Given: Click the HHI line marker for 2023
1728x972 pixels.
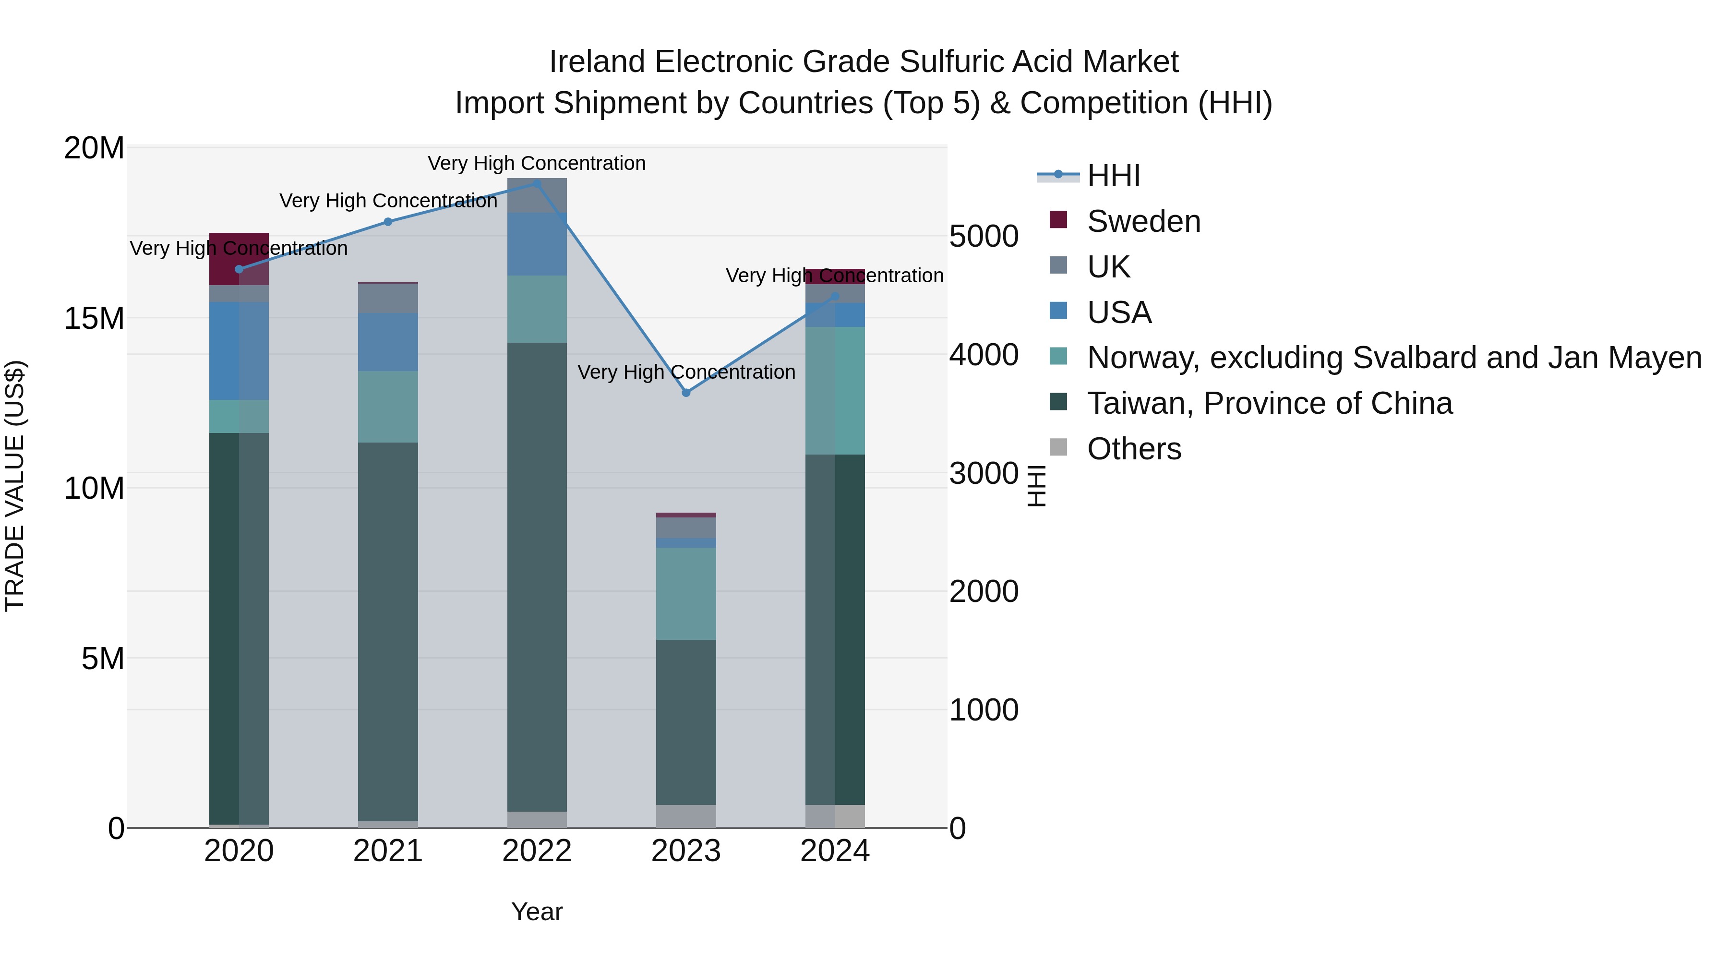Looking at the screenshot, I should click(x=685, y=393).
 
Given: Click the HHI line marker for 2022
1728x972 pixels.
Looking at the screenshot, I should click(x=537, y=184).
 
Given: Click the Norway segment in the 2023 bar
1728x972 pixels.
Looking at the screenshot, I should click(x=685, y=594).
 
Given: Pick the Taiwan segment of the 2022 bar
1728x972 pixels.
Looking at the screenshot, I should click(x=537, y=577).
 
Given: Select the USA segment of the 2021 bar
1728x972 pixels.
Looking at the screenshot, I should click(x=388, y=342).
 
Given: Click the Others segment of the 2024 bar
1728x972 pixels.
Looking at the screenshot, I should click(x=835, y=816).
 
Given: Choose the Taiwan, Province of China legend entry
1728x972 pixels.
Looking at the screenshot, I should click(x=1269, y=403).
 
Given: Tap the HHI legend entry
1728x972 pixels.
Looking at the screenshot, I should click(x=1114, y=176).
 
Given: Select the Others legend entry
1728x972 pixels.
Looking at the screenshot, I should click(x=1134, y=449).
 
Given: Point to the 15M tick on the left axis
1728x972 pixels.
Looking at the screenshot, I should click(x=94, y=318).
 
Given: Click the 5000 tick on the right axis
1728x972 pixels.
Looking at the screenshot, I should click(x=984, y=236).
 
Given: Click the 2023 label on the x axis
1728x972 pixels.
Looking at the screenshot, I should click(x=685, y=851).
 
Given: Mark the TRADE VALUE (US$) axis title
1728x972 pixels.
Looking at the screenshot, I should click(x=15, y=486).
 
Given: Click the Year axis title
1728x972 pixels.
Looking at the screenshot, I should click(x=537, y=912).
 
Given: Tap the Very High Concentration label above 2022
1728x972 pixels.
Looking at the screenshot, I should click(x=537, y=163).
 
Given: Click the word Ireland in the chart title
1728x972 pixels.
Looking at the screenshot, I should click(x=597, y=62).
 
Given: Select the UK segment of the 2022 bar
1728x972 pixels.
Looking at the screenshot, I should click(x=537, y=195).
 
